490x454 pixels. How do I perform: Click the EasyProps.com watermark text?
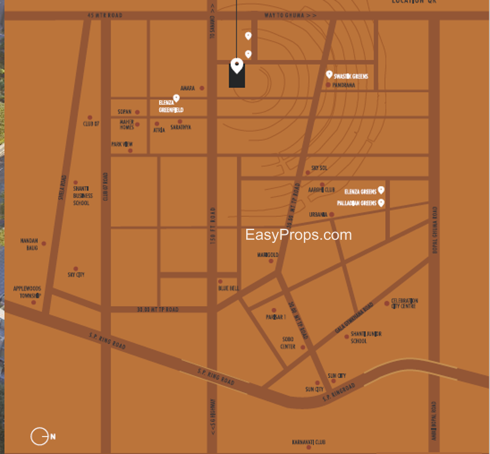pos(298,235)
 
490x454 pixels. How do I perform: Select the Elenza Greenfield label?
pos(171,107)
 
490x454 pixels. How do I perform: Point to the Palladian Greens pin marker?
pos(381,202)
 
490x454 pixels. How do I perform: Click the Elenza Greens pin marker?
pos(381,190)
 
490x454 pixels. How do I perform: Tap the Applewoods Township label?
pos(27,291)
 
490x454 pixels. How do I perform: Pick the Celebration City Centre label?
pos(404,302)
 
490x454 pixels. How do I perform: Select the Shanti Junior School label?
pos(366,337)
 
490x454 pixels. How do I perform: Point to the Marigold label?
pos(268,255)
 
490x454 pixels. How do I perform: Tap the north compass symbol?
pos(40,436)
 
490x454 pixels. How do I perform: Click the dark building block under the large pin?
pos(237,77)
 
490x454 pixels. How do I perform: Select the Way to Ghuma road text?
pos(290,15)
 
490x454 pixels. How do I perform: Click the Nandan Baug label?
pos(29,244)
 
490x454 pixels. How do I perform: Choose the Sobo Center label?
pos(287,342)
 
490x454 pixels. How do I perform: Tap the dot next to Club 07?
pos(90,117)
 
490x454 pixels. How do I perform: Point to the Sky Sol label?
pos(319,167)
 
